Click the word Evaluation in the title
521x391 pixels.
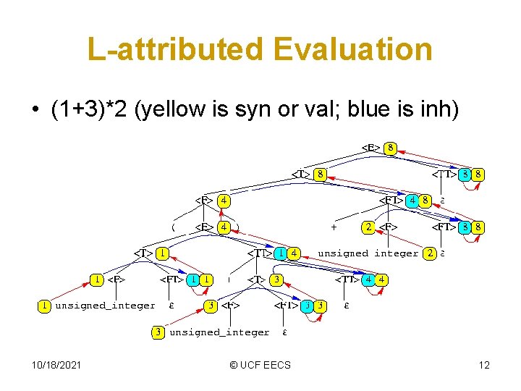pyautogui.click(x=353, y=50)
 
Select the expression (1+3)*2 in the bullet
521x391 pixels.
pyautogui.click(x=92, y=109)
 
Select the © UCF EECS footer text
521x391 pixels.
pyautogui.click(x=260, y=364)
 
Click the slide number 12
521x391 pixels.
pyautogui.click(x=483, y=364)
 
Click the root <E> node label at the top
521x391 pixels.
pyautogui.click(x=371, y=148)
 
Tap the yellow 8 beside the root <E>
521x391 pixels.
pyautogui.click(x=391, y=148)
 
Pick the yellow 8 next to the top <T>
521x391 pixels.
pyautogui.click(x=319, y=175)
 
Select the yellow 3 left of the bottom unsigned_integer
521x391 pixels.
pyautogui.click(x=158, y=332)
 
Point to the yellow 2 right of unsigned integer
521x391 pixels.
pyautogui.click(x=430, y=253)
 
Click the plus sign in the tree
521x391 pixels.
pyautogui.click(x=334, y=227)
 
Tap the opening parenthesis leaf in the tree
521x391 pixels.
pyautogui.click(x=174, y=227)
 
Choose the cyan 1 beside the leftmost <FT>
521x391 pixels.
pyautogui.click(x=193, y=279)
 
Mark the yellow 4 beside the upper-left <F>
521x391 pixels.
pyautogui.click(x=224, y=201)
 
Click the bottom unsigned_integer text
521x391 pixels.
pyautogui.click(x=219, y=332)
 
